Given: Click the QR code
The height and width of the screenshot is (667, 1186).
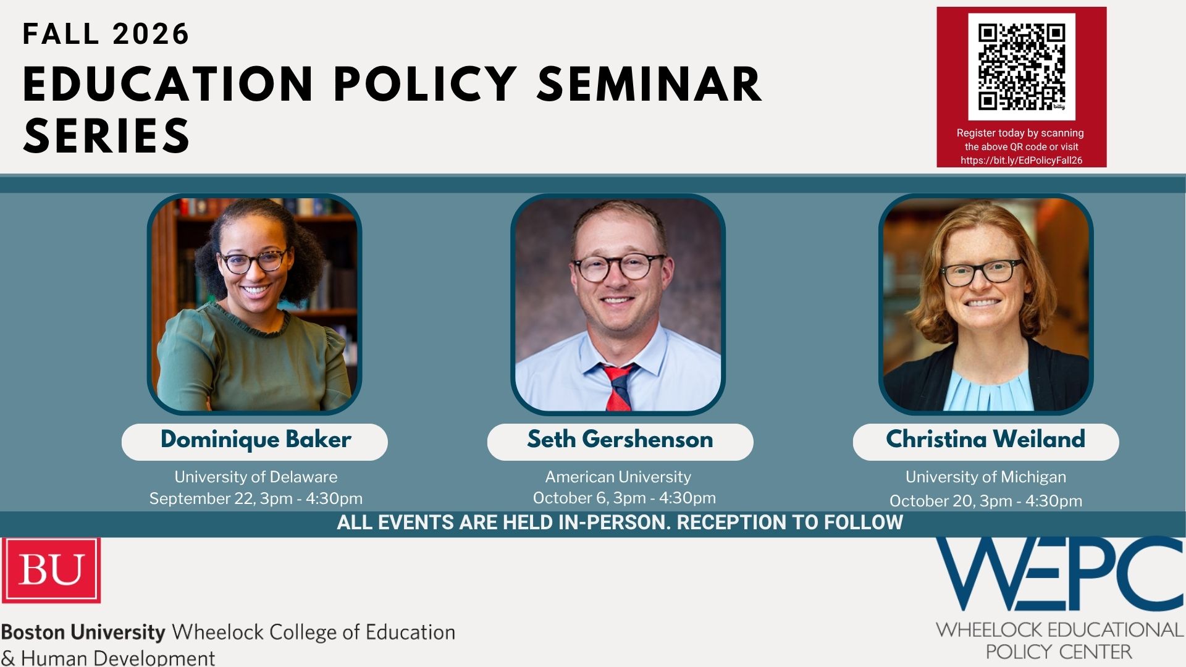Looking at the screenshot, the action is click(1022, 67).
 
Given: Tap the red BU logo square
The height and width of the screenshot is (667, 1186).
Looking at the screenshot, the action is click(51, 569).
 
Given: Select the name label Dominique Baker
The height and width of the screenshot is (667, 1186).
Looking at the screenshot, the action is click(255, 440).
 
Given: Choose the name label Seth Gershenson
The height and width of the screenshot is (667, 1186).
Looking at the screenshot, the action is click(620, 439).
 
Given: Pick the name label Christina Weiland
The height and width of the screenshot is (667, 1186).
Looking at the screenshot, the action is click(985, 439).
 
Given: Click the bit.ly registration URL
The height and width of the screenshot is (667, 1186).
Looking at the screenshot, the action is click(1022, 160).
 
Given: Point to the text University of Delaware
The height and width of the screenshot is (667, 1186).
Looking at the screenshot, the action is click(256, 477).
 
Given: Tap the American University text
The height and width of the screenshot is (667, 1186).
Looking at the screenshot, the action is click(618, 477).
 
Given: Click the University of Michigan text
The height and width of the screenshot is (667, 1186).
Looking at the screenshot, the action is click(986, 477).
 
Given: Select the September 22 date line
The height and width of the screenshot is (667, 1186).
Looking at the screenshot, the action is click(256, 498).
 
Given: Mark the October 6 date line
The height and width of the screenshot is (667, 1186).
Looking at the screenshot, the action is click(624, 498).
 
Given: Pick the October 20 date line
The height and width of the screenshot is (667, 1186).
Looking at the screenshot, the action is click(986, 500).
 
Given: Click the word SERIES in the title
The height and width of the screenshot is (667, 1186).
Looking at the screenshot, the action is click(106, 136).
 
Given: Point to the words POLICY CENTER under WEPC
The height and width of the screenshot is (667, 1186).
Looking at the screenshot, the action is click(1059, 652).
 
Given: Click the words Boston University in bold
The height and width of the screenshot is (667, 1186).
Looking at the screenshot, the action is click(83, 632).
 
